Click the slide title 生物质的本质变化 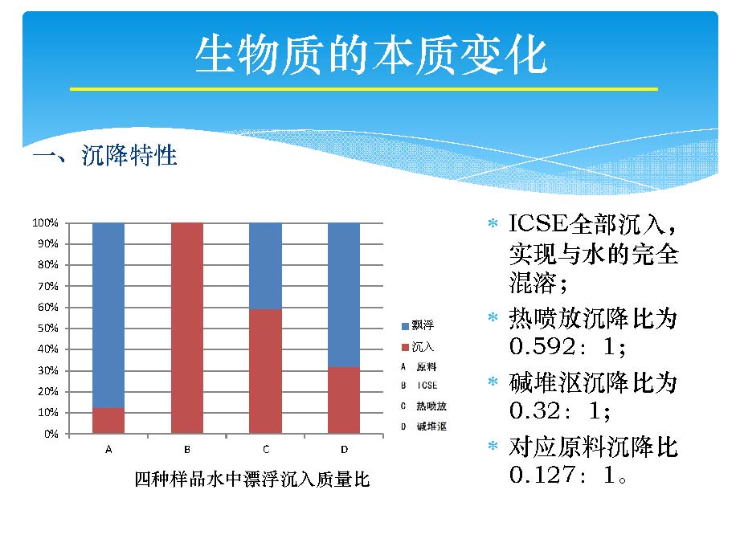pos(371,55)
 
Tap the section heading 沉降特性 pos(129,155)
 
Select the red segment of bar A pos(108,421)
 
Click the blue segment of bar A pos(108,316)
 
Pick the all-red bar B pos(187,328)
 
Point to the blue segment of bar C pos(266,266)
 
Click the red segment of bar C pos(266,371)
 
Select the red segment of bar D pos(344,400)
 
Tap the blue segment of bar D pos(344,295)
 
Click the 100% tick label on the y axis pos(45,222)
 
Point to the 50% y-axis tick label pos(47,328)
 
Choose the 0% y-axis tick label pos(51,433)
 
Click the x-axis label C pos(266,449)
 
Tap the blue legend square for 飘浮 pos(405,326)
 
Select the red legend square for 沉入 pos(405,347)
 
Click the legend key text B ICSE pos(419,386)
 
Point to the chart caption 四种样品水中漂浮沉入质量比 pos(252,479)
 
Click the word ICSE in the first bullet pos(538,224)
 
